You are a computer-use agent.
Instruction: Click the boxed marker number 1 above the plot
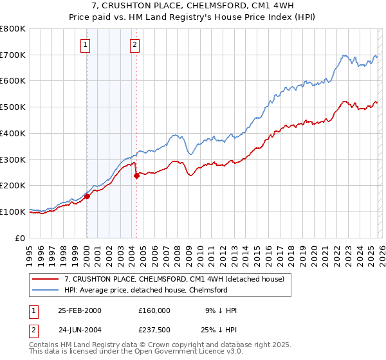86,44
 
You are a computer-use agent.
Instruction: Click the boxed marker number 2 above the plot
134,44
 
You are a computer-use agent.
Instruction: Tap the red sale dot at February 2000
87,197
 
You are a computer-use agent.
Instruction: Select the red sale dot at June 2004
136,176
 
